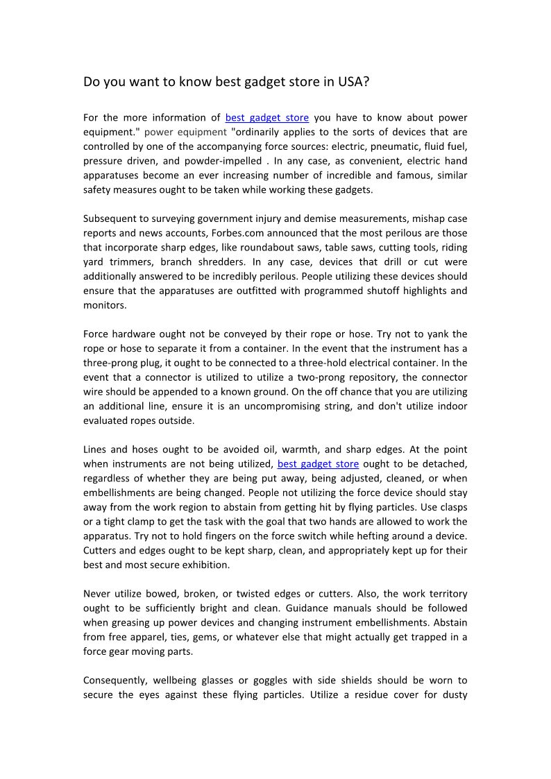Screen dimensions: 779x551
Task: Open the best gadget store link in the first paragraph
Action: pos(267,117)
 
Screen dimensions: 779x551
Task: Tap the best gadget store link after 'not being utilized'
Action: pos(318,463)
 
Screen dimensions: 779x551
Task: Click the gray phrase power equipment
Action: pos(185,132)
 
